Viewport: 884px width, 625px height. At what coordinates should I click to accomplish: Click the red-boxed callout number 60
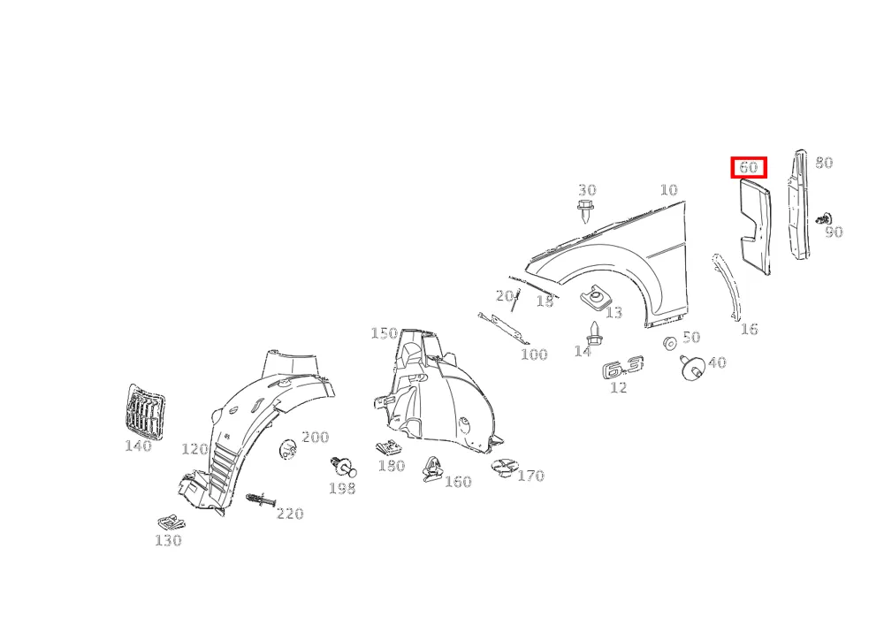(748, 167)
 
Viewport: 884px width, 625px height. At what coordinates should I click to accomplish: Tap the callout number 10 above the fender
(668, 190)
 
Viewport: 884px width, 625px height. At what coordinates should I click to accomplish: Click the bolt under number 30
(585, 211)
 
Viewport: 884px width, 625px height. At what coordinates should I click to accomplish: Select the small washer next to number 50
(670, 343)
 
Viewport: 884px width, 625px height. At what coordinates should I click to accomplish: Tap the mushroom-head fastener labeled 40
(691, 368)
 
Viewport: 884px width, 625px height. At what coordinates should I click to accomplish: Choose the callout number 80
(824, 163)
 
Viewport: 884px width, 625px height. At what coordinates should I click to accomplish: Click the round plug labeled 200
(288, 448)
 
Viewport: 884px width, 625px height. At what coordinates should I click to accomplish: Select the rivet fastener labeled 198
(343, 467)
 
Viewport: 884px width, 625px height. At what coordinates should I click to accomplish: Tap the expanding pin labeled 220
(261, 499)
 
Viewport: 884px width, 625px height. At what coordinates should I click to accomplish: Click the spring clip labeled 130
(171, 522)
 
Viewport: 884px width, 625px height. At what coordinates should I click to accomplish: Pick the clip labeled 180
(390, 448)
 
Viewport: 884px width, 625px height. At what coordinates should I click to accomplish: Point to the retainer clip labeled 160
(432, 469)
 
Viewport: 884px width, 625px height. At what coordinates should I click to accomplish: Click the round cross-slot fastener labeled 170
(504, 469)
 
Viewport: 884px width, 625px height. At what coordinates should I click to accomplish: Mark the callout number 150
(384, 333)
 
